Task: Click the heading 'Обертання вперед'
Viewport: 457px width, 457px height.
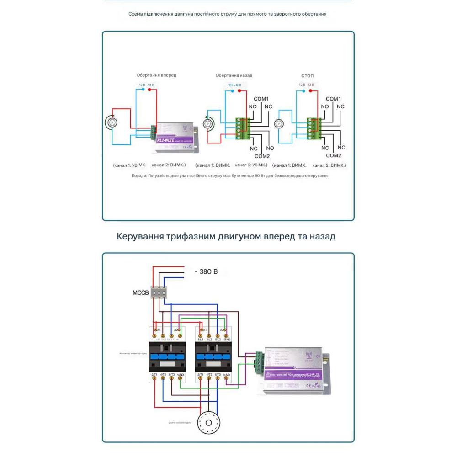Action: pos(156,75)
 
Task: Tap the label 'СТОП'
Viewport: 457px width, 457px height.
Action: pos(307,75)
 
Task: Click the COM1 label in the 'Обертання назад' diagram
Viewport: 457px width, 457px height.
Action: pos(261,99)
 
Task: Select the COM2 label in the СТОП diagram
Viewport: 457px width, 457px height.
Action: pos(333,156)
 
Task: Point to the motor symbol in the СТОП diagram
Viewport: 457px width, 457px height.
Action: pos(279,124)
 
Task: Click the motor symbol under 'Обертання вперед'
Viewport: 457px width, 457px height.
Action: pos(111,122)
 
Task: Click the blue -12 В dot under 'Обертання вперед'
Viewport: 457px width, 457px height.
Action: pos(143,90)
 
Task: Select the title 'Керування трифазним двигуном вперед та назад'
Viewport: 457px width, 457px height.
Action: pos(226,236)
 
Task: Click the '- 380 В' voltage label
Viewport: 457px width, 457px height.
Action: pos(206,271)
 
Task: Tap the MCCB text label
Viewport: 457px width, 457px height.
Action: pos(140,292)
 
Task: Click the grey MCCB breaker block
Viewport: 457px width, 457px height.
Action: pos(159,292)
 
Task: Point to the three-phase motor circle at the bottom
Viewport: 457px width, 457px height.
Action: pos(208,420)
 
